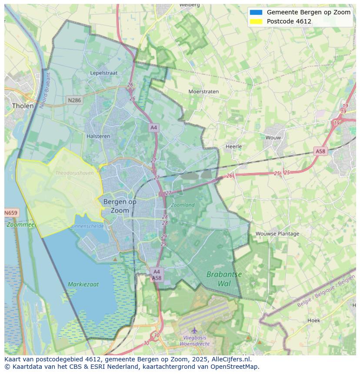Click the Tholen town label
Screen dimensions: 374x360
(23, 106)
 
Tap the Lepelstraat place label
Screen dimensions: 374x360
(104, 73)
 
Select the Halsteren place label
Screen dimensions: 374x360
(98, 136)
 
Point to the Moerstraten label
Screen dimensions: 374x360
(203, 92)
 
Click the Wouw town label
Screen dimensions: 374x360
(273, 137)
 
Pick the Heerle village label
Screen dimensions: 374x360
(233, 146)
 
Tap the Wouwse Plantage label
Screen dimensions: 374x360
(277, 233)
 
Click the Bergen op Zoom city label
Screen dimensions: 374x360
(120, 206)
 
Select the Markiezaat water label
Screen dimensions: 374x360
(83, 284)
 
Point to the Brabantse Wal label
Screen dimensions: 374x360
(224, 279)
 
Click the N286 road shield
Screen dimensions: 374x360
(74, 100)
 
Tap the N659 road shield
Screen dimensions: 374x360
(11, 213)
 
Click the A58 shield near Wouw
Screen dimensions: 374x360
(320, 151)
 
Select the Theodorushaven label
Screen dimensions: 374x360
(74, 173)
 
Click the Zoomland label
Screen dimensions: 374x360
(183, 205)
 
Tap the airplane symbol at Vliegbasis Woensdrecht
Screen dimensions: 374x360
(194, 330)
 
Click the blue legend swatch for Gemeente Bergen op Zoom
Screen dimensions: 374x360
(256, 12)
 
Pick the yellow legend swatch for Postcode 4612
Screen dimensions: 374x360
(256, 21)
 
